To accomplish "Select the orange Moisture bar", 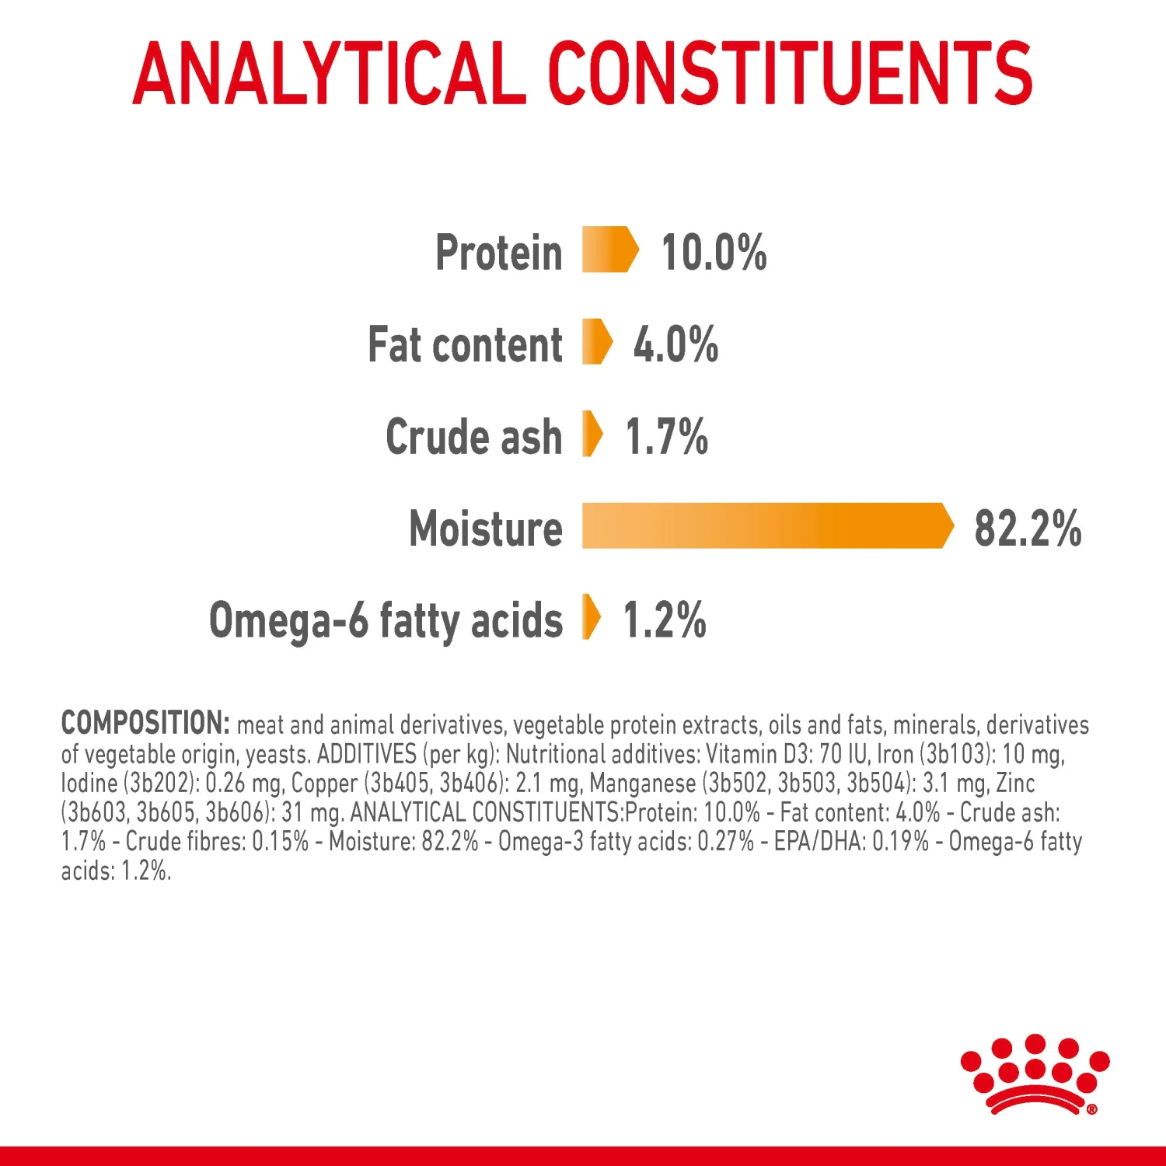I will [x=766, y=526].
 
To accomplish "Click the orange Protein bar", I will [x=609, y=250].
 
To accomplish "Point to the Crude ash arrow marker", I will [x=592, y=434].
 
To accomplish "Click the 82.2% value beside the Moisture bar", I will [x=1027, y=529].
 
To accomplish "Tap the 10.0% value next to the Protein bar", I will [x=713, y=253].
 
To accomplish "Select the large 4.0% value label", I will [x=675, y=344].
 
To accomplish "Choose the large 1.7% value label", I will [x=666, y=436].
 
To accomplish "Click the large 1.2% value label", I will [x=664, y=620].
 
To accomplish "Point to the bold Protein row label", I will [x=498, y=253].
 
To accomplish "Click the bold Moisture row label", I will [x=485, y=529].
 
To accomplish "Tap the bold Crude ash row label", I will [x=473, y=436].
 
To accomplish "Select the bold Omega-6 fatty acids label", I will [x=386, y=620].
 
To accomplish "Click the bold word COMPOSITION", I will [x=145, y=723].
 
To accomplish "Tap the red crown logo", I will [x=1035, y=1073].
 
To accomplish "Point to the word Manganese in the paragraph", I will [x=642, y=784].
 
